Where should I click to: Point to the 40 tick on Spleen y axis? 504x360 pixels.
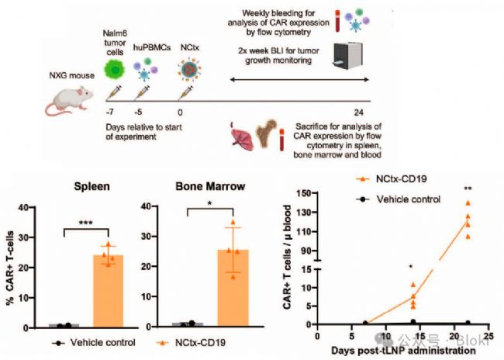[35, 207]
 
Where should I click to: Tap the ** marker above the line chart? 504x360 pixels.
[467, 189]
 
